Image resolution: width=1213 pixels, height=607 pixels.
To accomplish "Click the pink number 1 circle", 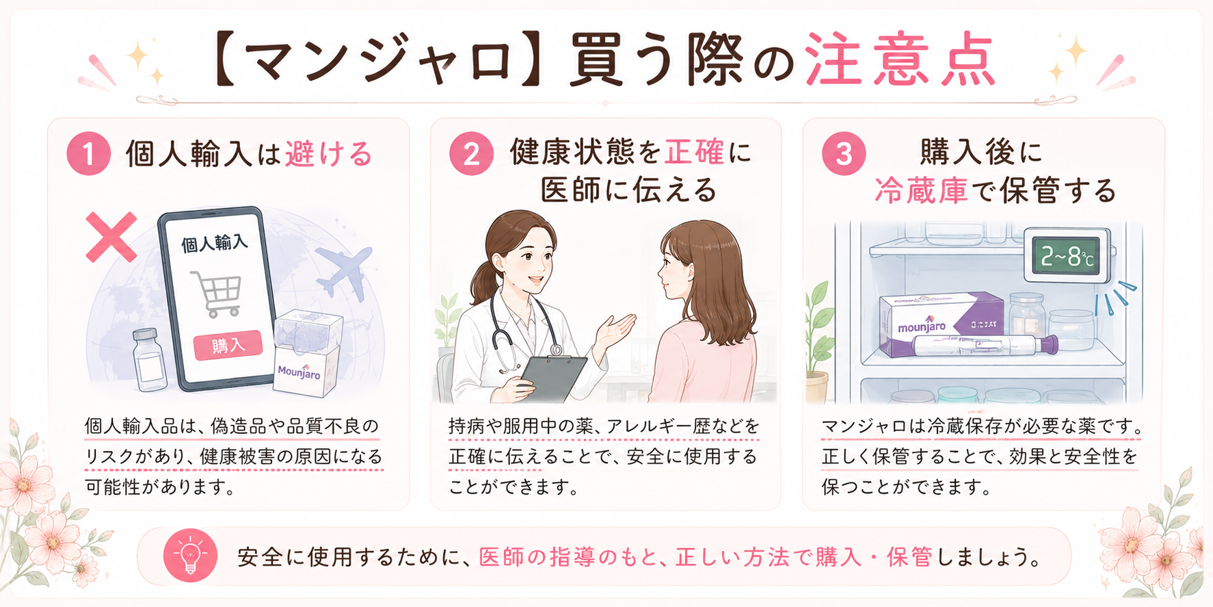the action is click(x=88, y=153).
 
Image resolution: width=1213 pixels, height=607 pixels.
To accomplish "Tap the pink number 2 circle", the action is click(x=471, y=153).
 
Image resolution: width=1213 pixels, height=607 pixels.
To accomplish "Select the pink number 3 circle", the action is click(x=844, y=153).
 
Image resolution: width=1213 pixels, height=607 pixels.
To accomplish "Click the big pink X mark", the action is click(x=111, y=237).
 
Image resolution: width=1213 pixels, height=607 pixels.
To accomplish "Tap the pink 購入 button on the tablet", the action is click(x=228, y=345).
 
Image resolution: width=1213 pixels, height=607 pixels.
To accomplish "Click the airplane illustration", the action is click(x=344, y=271).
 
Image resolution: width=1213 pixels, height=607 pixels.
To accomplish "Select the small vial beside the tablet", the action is click(x=148, y=359).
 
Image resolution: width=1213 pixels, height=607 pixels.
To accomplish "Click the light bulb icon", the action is click(x=190, y=556).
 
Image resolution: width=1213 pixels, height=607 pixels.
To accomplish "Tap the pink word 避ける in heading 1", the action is click(x=329, y=153).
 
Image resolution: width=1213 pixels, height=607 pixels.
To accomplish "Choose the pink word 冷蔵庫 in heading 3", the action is click(x=921, y=190).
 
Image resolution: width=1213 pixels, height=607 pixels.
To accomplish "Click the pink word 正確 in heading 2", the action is click(x=694, y=152).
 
